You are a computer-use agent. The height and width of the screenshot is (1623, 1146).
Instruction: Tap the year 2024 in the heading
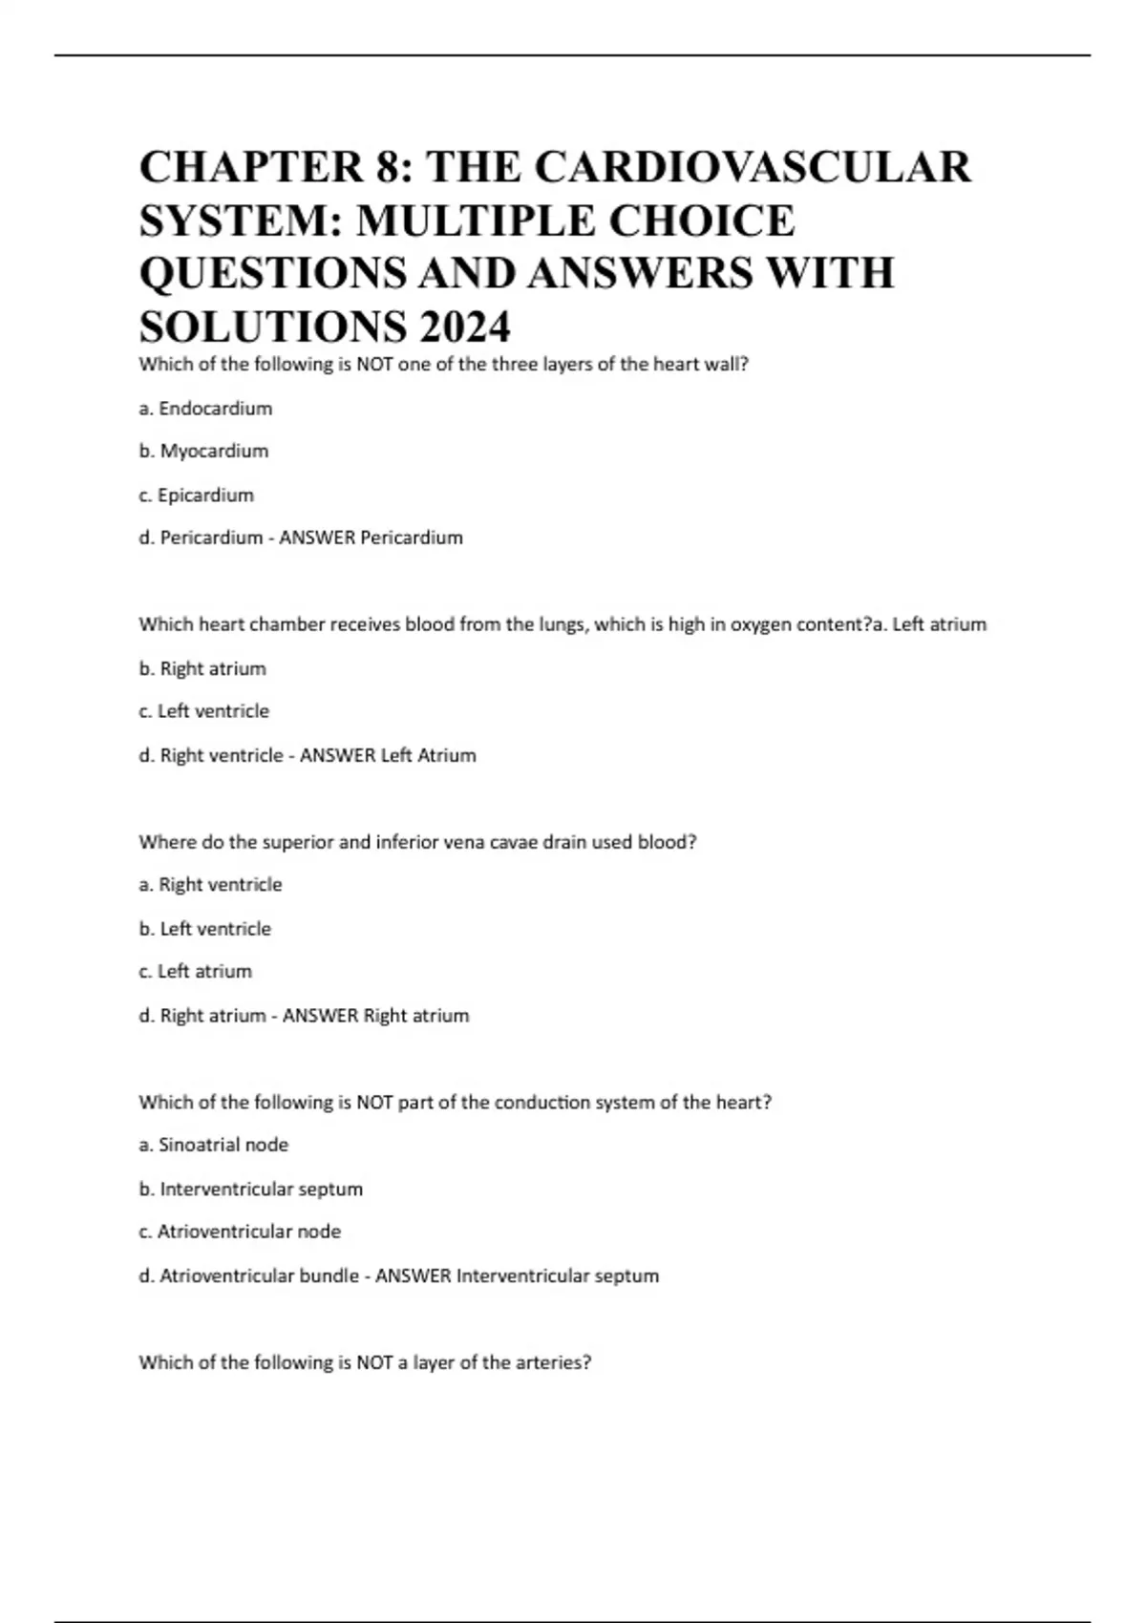click(x=463, y=327)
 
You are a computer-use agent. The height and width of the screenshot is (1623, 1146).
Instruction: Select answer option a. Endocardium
click(x=205, y=409)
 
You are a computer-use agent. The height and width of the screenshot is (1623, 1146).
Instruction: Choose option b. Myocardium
click(x=203, y=451)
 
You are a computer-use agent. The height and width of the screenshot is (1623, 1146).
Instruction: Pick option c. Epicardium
click(x=196, y=495)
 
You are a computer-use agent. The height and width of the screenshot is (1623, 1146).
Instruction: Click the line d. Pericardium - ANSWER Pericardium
click(x=301, y=537)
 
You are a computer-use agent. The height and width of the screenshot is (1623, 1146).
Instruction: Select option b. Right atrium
click(x=202, y=668)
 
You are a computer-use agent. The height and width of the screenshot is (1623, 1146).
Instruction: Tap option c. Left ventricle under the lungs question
click(x=203, y=711)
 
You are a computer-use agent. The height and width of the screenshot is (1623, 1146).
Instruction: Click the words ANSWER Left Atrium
click(x=388, y=755)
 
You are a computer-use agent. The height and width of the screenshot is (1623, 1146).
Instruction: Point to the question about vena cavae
click(x=417, y=842)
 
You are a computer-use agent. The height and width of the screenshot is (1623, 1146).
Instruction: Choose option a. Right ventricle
click(x=210, y=885)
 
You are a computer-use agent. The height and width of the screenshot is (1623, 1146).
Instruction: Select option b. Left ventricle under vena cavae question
click(x=204, y=929)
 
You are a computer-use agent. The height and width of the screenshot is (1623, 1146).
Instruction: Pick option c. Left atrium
click(x=195, y=972)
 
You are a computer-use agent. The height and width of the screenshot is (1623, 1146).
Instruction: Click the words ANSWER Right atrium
click(x=375, y=1016)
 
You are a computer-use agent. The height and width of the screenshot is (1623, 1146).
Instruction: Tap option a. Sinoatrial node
click(x=213, y=1145)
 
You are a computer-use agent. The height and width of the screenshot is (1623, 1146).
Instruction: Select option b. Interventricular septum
click(x=250, y=1190)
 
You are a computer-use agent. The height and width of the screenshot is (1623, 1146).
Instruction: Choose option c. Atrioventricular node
click(x=240, y=1232)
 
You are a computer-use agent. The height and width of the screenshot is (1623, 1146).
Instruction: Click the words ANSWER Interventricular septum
click(x=517, y=1276)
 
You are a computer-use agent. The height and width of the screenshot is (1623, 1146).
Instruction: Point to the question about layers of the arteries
click(x=365, y=1363)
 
